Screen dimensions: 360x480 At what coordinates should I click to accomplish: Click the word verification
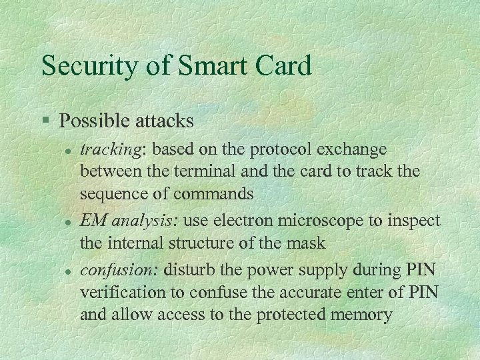[x=121, y=293]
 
